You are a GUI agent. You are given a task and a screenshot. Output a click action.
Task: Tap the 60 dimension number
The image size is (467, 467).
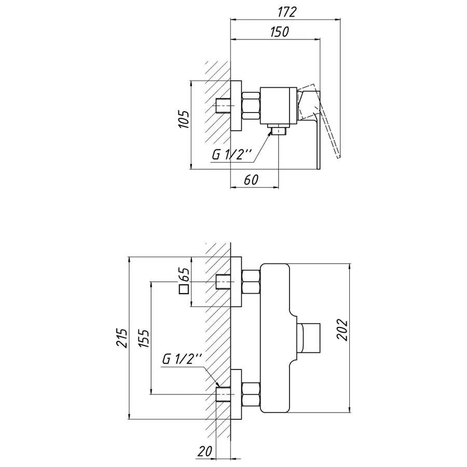point(251,180)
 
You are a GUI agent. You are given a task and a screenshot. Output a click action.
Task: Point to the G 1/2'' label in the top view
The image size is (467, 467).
point(232,154)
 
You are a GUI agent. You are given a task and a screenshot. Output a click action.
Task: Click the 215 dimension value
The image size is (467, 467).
point(122,338)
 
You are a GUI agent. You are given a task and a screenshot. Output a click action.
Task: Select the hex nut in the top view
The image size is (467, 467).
point(251,107)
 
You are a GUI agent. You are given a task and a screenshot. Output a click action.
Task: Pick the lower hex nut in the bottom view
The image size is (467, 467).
point(251,394)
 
